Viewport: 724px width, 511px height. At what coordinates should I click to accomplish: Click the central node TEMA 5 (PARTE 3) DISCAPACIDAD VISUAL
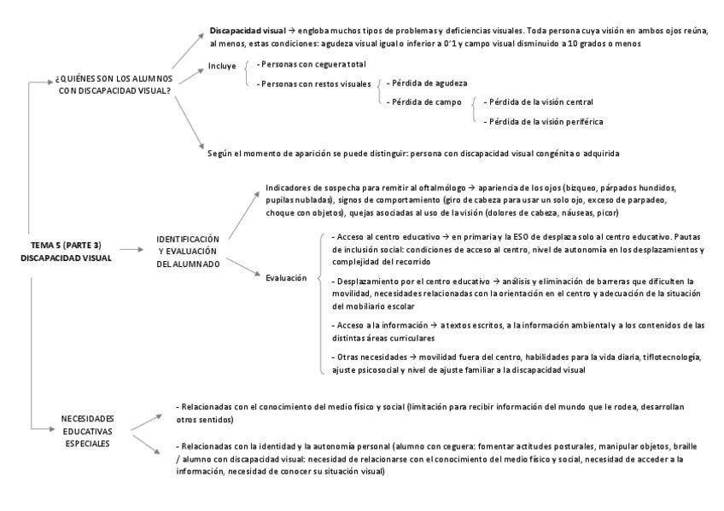point(66,251)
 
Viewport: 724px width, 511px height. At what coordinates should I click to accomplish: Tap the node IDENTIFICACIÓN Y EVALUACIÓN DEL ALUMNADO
point(187,251)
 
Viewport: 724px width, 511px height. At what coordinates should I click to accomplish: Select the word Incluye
point(222,65)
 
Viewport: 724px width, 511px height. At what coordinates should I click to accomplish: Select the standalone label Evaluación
point(286,278)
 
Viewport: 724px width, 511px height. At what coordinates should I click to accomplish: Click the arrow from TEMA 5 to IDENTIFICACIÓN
point(131,250)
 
